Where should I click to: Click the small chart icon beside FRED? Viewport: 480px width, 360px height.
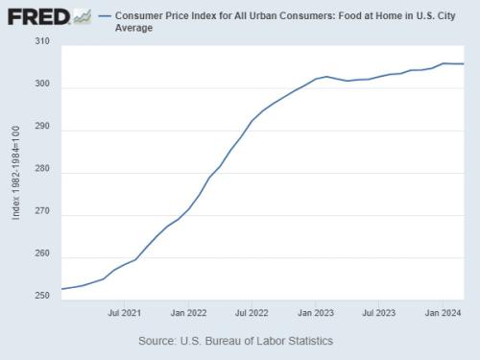coord(84,17)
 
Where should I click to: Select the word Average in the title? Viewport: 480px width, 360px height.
coord(133,29)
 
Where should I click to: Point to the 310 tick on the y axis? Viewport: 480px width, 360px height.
coord(41,42)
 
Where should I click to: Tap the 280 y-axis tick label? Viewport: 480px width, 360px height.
coord(41,172)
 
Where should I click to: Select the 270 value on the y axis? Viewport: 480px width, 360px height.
coord(41,215)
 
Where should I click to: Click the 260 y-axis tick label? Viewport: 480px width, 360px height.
coord(41,257)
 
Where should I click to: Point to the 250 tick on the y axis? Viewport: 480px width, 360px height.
coord(41,297)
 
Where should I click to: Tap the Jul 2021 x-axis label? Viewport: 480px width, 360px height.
coord(125,313)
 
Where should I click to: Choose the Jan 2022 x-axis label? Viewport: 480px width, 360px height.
coord(189,313)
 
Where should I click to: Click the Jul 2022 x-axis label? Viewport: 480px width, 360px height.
coord(252,313)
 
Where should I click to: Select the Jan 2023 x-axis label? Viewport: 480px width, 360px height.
coord(316,313)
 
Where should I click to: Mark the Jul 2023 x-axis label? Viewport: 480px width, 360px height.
coord(378,313)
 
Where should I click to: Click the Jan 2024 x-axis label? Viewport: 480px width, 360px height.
coord(442,313)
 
